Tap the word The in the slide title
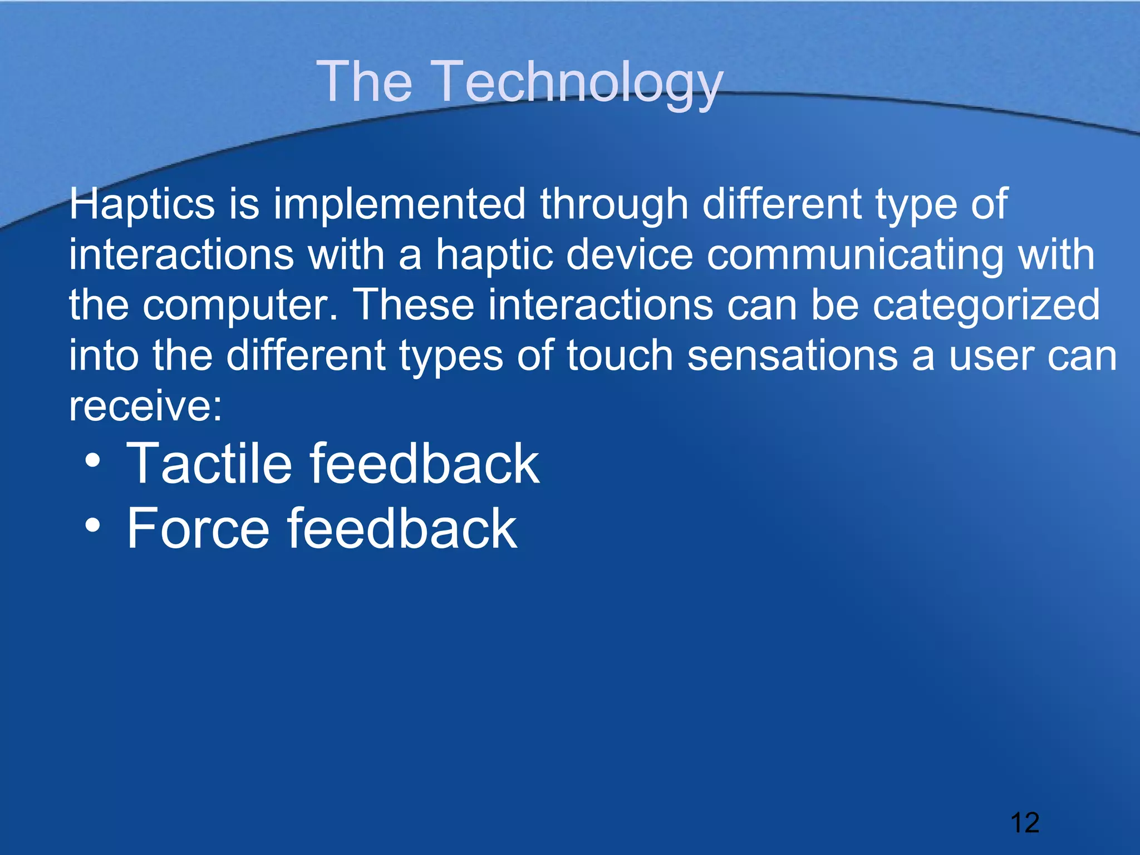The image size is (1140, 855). (x=365, y=82)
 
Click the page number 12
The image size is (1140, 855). (x=1024, y=823)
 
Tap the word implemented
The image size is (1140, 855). (x=399, y=204)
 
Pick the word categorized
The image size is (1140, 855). (x=986, y=306)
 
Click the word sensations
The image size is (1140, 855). (x=793, y=356)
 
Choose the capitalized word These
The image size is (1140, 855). (x=414, y=305)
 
